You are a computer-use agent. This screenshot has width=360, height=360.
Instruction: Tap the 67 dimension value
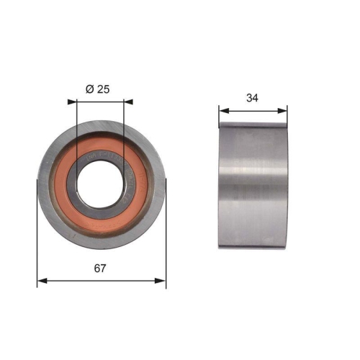pyautogui.click(x=101, y=269)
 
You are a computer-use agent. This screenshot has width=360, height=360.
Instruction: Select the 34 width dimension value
pyautogui.click(x=253, y=98)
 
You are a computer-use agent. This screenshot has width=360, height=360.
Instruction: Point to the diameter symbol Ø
pyautogui.click(x=90, y=89)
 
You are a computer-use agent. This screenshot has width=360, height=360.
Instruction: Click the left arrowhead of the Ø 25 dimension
pyautogui.click(x=78, y=101)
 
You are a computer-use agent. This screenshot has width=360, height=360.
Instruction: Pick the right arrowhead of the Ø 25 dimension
pyautogui.click(x=122, y=101)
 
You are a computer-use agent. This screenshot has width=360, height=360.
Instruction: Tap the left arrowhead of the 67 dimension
pyautogui.click(x=40, y=280)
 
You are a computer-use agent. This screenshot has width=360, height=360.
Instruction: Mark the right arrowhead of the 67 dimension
pyautogui.click(x=163, y=280)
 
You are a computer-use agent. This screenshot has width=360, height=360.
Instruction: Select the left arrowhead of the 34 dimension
pyautogui.click(x=222, y=110)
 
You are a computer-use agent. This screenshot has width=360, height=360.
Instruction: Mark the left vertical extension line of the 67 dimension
pyautogui.click(x=37, y=238)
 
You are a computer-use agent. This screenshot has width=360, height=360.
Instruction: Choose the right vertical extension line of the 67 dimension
pyautogui.click(x=166, y=238)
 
